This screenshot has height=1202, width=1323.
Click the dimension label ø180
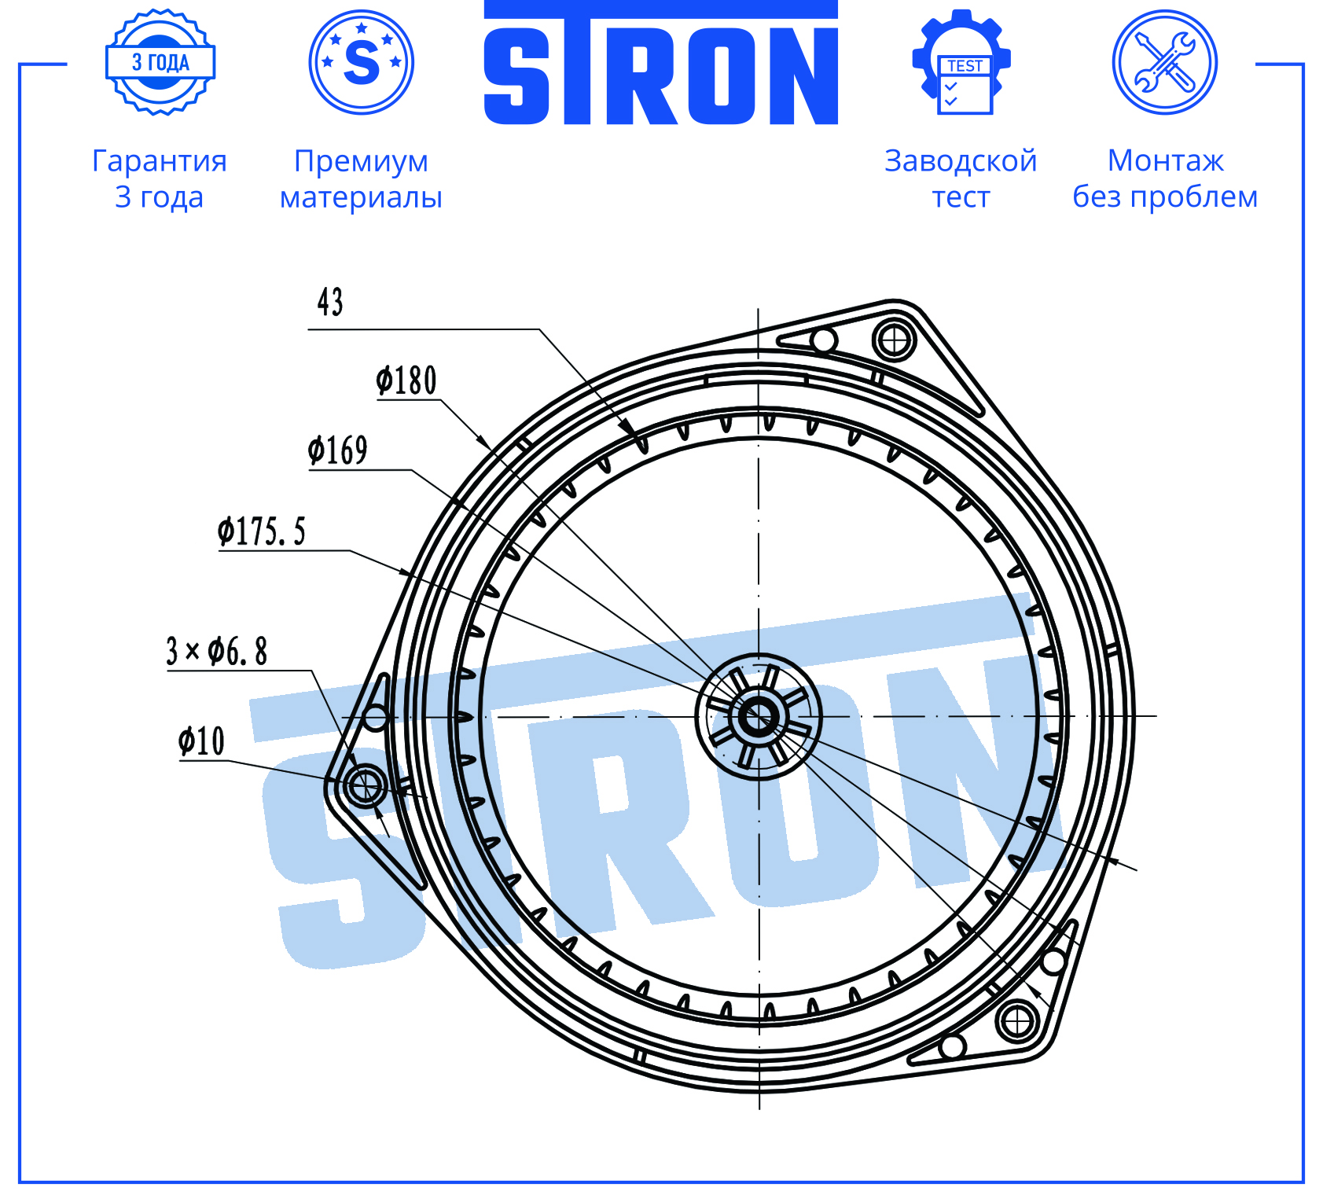pyautogui.click(x=406, y=380)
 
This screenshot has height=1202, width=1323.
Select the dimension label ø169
pyautogui.click(x=337, y=450)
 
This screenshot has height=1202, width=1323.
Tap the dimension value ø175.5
pyautogui.click(x=261, y=531)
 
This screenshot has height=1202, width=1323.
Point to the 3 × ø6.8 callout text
pyautogui.click(x=216, y=651)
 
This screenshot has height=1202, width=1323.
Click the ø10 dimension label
pyautogui.click(x=201, y=741)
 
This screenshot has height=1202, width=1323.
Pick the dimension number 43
pyautogui.click(x=330, y=302)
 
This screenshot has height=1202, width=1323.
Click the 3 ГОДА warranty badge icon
pyautogui.click(x=160, y=62)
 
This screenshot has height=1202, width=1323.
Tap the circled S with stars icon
pyautogui.click(x=362, y=62)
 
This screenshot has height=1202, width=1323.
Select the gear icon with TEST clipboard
pyautogui.click(x=961, y=62)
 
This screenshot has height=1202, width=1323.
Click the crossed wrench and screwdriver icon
pyautogui.click(x=1165, y=62)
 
